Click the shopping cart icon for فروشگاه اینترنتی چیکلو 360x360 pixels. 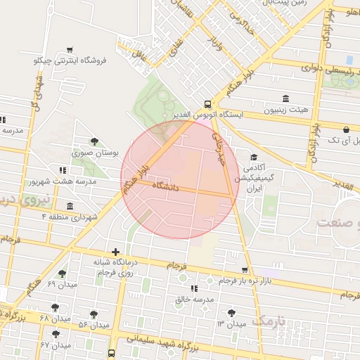[x=69, y=50]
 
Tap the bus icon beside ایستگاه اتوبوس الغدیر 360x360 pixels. [x=206, y=102]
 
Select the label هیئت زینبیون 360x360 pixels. [x=285, y=110]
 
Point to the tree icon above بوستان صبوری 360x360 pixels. [x=95, y=141]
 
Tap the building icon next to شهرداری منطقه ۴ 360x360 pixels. [x=70, y=206]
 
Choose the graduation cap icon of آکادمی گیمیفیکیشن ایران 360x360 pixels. [x=253, y=157]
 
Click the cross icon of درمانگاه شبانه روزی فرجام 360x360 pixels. [x=115, y=252]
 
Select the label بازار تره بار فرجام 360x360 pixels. [x=224, y=281]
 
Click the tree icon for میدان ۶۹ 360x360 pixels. [x=62, y=274]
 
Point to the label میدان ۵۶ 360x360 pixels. [x=93, y=326]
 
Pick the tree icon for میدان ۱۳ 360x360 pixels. [x=231, y=313]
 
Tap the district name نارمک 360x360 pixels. [x=271, y=321]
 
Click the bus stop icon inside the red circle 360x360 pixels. [x=207, y=223]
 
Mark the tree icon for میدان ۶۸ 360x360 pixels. [x=55, y=307]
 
